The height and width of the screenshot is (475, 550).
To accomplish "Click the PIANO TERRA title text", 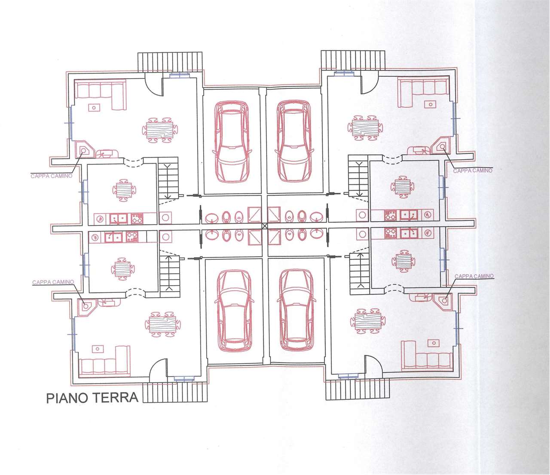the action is (92, 398).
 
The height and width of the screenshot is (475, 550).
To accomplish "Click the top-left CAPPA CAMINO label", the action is (52, 176).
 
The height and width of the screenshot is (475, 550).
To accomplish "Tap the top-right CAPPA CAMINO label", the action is (473, 171).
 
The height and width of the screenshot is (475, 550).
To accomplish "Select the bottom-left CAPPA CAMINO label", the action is (53, 282).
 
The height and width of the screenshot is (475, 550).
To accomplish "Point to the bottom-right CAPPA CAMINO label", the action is (474, 276).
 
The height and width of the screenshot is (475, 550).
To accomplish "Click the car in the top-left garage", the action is (232, 141).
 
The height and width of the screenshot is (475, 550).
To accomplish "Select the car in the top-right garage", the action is (294, 141).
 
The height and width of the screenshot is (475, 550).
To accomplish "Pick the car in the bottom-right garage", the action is (296, 311).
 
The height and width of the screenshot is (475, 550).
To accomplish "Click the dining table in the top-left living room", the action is (160, 130).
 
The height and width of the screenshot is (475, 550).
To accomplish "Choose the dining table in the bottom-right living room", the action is (368, 321).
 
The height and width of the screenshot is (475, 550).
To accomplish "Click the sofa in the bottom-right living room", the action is (427, 356).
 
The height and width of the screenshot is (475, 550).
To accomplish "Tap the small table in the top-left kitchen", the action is (124, 190).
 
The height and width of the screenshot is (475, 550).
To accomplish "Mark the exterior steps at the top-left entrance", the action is (170, 62).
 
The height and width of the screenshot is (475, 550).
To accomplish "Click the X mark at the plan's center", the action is (264, 226).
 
